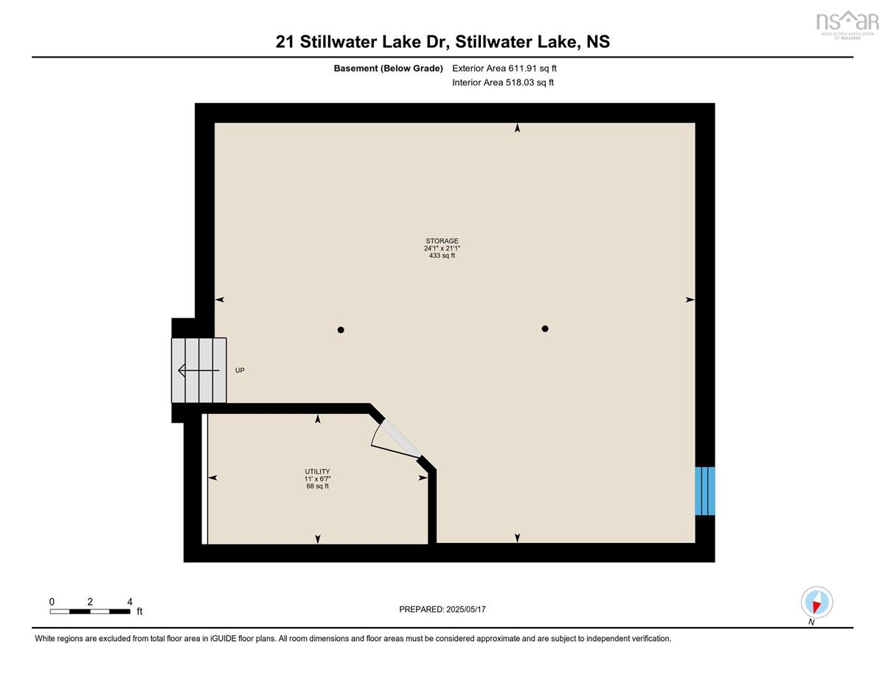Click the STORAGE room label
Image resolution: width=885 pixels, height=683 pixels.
(442, 241)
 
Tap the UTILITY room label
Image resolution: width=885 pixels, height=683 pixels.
(317, 472)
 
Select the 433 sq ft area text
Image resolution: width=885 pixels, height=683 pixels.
(442, 256)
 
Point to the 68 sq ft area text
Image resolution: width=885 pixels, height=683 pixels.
(317, 486)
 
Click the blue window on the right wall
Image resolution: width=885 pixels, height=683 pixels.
(704, 491)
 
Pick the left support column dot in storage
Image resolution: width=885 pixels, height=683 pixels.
(341, 330)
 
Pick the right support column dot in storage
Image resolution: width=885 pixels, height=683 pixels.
(545, 329)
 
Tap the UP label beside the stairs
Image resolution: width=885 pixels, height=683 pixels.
(240, 370)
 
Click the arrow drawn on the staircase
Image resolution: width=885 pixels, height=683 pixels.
(198, 370)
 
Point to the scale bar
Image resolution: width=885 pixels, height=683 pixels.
(90, 612)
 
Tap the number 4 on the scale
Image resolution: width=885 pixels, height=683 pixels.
(130, 602)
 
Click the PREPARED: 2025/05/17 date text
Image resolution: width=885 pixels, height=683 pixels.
(442, 609)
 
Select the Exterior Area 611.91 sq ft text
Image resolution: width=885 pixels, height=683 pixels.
(504, 69)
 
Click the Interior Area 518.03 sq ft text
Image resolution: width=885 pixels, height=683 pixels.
(503, 83)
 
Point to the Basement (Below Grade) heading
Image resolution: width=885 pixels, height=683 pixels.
(388, 69)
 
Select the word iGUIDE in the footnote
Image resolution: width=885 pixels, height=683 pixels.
(223, 639)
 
